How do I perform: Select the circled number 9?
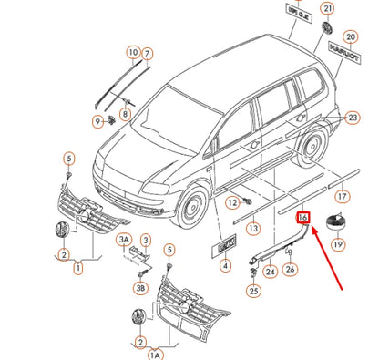pos(97,120)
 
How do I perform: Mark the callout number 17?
pos(343,195)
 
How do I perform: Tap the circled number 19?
pos(338,244)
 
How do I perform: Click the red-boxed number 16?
pos(304,218)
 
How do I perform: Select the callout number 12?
pos(231,201)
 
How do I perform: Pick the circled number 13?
pos(252,228)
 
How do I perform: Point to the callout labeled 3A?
pos(125,240)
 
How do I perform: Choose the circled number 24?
pos(270,270)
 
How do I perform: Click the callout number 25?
pos(253,291)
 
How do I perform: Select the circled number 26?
pos(290,269)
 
